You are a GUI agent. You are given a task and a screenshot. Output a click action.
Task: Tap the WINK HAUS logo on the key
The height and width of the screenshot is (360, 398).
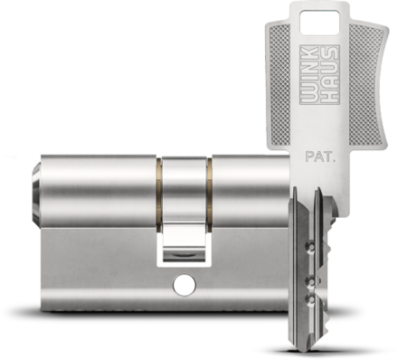(319, 75)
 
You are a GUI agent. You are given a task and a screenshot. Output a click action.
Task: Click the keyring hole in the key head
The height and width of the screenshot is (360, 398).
(319, 22)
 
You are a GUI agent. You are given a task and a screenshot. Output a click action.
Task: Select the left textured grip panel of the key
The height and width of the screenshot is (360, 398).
(280, 86)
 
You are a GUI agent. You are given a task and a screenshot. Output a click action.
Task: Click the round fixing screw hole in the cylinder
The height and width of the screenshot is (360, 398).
(185, 285)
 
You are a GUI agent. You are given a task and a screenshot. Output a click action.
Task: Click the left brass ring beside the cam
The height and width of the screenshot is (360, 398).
(158, 195)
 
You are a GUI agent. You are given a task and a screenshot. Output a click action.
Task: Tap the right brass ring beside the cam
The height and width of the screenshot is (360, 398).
(209, 195)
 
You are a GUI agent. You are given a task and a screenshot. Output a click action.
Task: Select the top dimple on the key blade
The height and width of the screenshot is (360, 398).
(310, 246)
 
